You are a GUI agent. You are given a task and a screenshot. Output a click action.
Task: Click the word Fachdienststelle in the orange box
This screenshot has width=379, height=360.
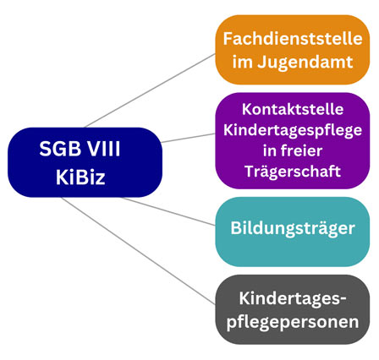click(x=293, y=39)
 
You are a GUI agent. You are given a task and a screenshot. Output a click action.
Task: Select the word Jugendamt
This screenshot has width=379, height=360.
click(x=305, y=63)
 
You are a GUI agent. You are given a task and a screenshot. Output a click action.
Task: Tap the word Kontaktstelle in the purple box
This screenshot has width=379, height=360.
click(x=293, y=109)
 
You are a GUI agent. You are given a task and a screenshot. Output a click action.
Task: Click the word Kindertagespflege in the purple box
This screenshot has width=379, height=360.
click(x=293, y=130)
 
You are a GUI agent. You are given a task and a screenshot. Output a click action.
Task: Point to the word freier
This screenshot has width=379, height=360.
click(x=302, y=150)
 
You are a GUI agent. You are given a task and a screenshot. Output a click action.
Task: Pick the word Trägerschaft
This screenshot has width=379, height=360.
click(x=293, y=171)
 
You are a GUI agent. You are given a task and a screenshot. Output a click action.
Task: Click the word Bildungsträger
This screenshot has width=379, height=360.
click(x=293, y=228)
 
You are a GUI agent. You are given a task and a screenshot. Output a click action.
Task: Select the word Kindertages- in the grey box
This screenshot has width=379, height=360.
click(x=293, y=298)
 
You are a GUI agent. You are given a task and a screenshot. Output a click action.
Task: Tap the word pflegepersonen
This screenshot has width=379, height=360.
click(x=293, y=322)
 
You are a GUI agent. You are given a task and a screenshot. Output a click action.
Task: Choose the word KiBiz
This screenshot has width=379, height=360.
click(x=80, y=177)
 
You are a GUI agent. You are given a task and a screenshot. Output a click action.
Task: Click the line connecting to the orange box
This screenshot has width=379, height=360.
click(x=150, y=90)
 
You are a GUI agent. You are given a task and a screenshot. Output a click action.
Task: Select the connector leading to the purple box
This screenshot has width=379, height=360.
click(x=189, y=138)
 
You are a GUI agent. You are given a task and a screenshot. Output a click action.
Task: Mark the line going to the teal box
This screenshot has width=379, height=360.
click(x=168, y=211)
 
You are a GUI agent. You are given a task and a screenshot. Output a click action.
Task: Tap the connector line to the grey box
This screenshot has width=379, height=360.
click(x=138, y=251)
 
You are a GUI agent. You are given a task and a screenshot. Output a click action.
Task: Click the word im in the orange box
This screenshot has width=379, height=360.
click(x=242, y=62)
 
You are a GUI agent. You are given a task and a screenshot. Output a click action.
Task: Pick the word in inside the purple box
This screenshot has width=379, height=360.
click(x=269, y=150)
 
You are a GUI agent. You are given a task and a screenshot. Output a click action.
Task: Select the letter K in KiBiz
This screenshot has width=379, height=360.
click(x=61, y=177)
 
